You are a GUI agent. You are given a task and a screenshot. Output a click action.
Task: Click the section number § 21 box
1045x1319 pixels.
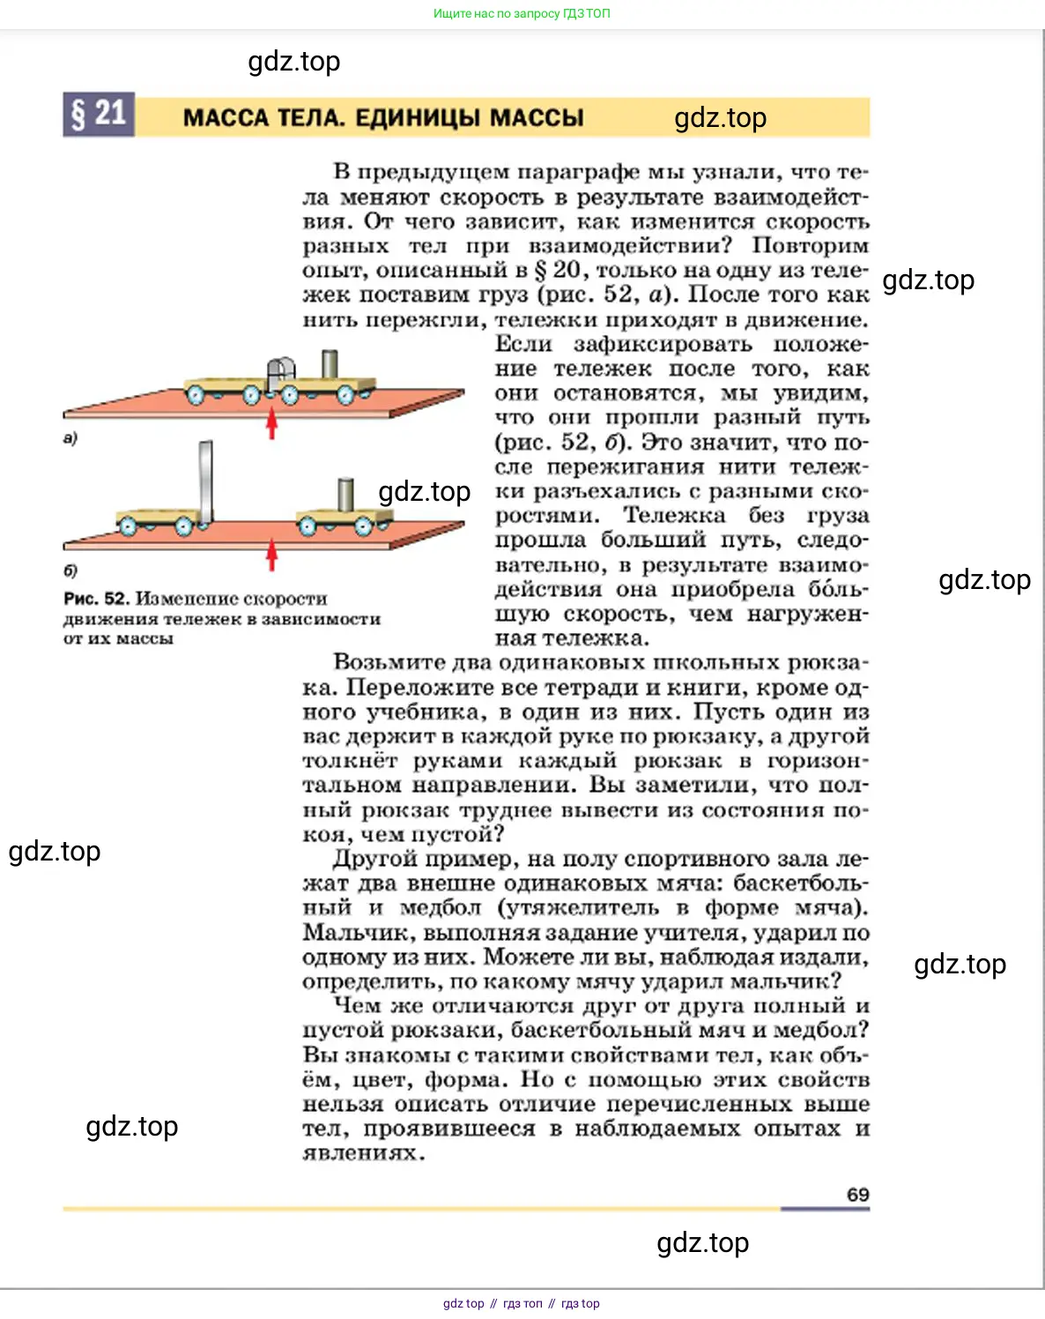[x=99, y=115]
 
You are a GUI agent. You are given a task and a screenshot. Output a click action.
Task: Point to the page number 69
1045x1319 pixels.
[x=857, y=1195]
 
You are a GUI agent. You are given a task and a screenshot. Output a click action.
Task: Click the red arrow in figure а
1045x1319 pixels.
[x=272, y=422]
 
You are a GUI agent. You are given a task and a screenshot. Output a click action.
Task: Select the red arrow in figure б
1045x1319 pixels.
[x=272, y=555]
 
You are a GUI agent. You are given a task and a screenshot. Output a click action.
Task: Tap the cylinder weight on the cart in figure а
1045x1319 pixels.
[x=330, y=364]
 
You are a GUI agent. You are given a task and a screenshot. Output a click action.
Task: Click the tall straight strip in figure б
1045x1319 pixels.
[x=206, y=481]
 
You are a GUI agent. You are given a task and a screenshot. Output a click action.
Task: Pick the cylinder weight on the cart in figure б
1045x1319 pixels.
[x=346, y=495]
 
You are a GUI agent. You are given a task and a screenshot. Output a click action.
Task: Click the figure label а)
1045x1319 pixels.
[x=70, y=438]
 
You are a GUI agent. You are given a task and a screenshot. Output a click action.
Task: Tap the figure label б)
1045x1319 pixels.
[x=70, y=570]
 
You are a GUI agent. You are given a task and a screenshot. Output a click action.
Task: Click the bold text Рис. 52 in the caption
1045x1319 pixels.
[x=96, y=599]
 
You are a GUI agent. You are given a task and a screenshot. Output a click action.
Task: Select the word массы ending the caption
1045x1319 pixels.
[x=145, y=638]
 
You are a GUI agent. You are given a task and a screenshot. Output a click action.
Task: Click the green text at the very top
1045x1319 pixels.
[x=522, y=13]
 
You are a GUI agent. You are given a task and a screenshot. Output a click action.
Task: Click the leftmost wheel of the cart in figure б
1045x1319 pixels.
[x=129, y=526]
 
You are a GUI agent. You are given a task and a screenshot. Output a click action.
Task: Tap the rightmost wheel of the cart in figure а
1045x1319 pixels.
[x=345, y=396]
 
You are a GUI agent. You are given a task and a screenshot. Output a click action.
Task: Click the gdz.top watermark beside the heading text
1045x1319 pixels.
[x=720, y=117]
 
